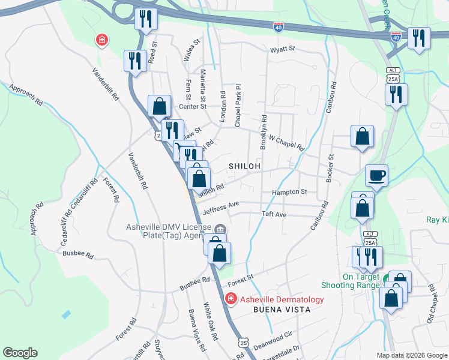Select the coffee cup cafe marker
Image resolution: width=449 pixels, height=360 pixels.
tap(376, 176)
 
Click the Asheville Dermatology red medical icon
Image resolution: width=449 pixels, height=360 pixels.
tap(230, 299)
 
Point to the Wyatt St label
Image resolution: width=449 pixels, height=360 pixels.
tap(283, 49)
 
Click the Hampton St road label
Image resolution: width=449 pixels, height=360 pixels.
tap(289, 193)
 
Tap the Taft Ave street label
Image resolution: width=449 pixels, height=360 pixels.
tap(274, 214)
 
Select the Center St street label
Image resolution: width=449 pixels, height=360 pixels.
tap(193, 107)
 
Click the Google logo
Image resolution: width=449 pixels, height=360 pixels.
tap(20, 353)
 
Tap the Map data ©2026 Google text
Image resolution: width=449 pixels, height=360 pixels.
tap(411, 355)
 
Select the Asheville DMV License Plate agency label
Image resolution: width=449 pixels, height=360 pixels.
tap(168, 231)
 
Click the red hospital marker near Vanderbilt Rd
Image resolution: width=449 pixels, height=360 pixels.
tap(103, 40)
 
